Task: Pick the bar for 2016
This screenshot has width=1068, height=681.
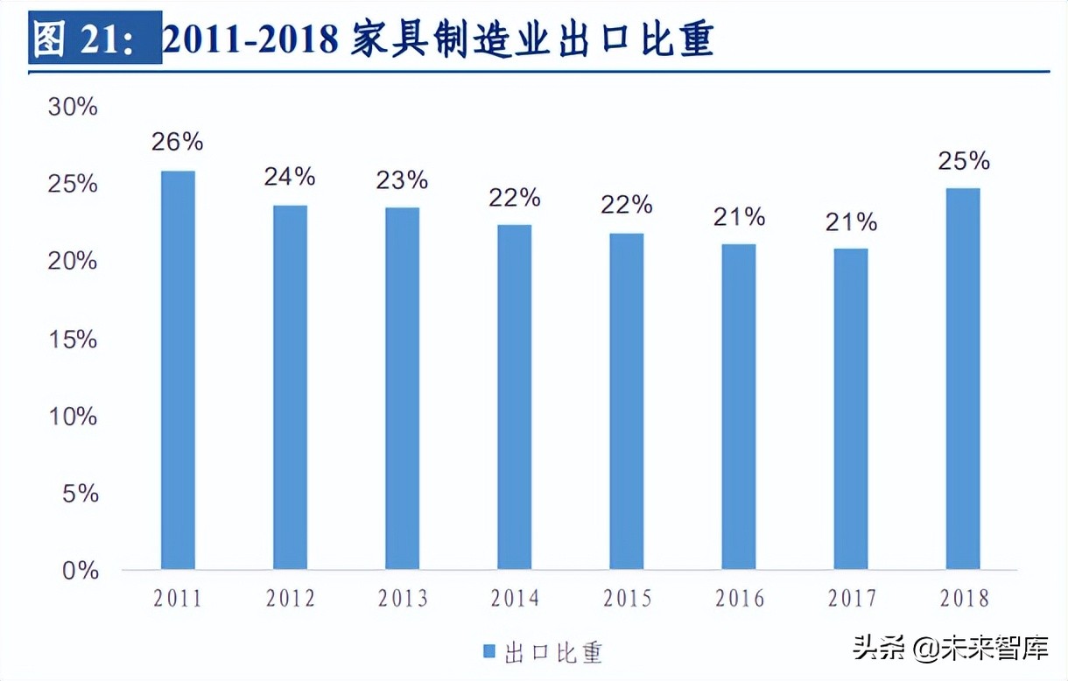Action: [x=739, y=407]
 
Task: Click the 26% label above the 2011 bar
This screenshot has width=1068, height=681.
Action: [x=178, y=141]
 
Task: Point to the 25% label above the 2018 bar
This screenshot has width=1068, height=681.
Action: [x=963, y=161]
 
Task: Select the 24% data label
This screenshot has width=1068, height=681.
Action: [x=290, y=177]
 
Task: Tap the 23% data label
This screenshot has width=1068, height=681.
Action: [x=402, y=180]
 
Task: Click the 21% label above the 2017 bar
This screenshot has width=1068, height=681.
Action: [x=851, y=222]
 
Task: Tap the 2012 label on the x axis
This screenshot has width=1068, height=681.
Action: [x=290, y=599]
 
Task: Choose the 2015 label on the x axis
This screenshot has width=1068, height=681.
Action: [x=627, y=599]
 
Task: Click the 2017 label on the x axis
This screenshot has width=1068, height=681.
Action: [x=851, y=599]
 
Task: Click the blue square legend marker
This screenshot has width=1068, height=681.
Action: [x=489, y=651]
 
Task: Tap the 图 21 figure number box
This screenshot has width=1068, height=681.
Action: [x=95, y=38]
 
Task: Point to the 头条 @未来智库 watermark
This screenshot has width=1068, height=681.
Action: [x=950, y=649]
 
